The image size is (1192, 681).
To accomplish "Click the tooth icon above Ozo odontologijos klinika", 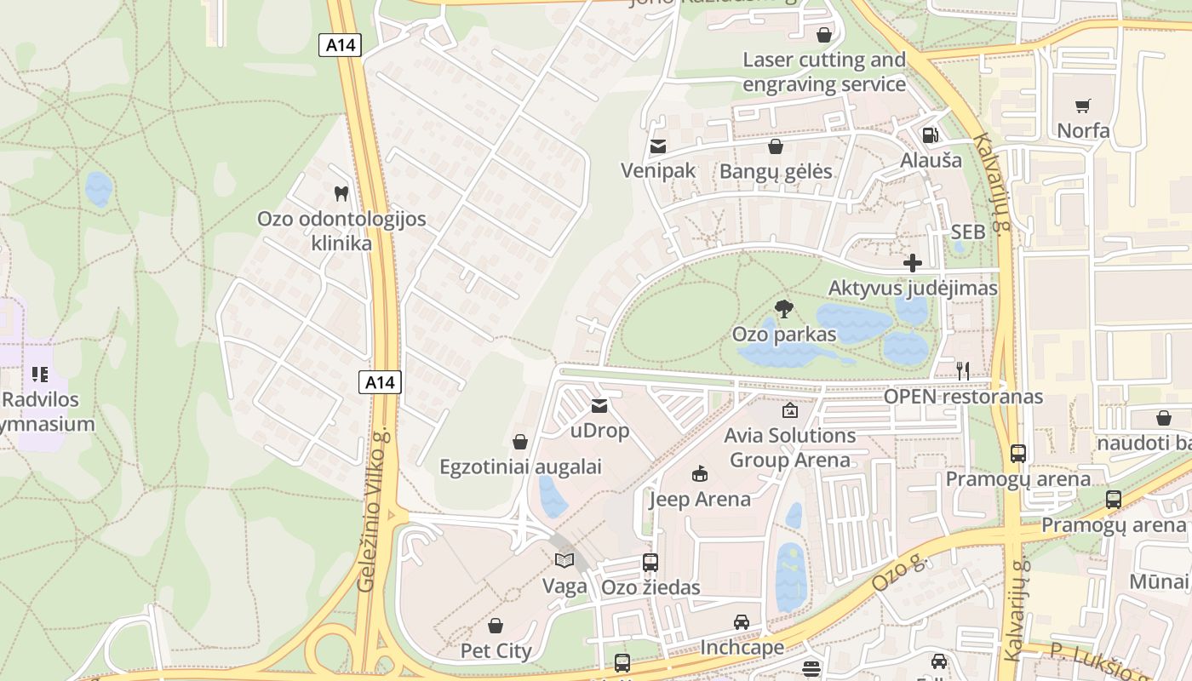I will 341,193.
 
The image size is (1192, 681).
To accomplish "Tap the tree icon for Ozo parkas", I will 784,308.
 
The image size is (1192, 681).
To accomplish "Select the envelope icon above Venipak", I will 657,146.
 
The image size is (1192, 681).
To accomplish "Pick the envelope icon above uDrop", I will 599,406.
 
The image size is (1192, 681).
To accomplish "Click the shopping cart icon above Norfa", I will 1083,106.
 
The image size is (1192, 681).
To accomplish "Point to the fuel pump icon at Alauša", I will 931,135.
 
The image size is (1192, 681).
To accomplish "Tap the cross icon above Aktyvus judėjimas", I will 913,263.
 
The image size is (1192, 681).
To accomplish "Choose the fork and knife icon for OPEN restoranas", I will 963,370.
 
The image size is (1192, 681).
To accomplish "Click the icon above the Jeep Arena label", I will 700,473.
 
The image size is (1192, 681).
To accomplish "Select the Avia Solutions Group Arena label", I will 789,448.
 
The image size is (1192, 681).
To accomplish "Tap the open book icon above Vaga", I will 564,560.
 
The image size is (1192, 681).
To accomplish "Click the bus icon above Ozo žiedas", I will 650,562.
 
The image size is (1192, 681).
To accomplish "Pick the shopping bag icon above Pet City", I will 496,626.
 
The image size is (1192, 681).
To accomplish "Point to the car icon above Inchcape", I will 742,622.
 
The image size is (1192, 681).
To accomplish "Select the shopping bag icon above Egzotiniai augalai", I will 520,442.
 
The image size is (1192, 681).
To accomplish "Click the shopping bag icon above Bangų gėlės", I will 776,146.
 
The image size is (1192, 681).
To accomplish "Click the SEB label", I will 968,232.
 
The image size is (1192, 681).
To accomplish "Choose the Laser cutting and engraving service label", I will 824,72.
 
